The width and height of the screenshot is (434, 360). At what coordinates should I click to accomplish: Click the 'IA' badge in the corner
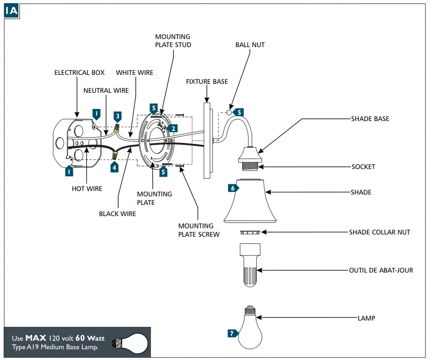click(11, 11)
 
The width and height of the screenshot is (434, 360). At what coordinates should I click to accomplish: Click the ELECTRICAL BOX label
click(79, 72)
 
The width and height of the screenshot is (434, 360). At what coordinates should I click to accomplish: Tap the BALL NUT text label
click(250, 45)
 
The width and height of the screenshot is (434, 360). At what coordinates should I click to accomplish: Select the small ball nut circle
click(229, 112)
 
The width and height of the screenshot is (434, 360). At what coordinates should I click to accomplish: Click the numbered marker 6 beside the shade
click(232, 188)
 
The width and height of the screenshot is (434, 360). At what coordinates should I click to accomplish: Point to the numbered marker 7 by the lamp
click(232, 334)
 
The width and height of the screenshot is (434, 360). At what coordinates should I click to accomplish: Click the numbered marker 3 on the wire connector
click(117, 117)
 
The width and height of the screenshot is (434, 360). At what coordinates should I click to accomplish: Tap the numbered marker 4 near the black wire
click(115, 167)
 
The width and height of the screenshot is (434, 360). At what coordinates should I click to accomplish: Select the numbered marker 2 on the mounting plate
click(173, 128)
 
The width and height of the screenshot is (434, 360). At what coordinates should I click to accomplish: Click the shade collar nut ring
click(250, 232)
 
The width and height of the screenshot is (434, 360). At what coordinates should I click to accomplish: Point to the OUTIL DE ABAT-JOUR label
click(381, 270)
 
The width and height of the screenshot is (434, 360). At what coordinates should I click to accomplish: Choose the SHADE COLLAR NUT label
click(379, 232)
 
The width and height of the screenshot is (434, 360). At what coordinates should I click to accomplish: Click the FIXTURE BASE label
click(207, 82)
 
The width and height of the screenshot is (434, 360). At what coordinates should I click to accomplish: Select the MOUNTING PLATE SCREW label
click(199, 230)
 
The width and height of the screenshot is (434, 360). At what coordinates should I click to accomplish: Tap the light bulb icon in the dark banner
click(130, 342)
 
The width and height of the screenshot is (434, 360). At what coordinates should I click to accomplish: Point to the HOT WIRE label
click(87, 189)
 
